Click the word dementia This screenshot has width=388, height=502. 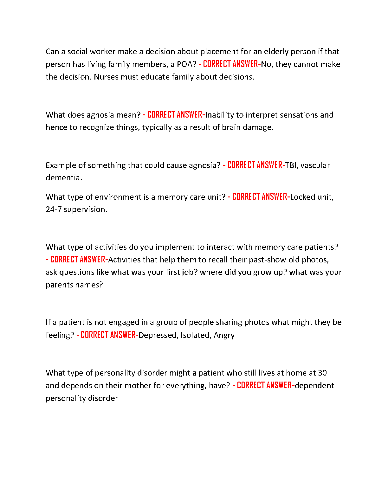click(x=64, y=178)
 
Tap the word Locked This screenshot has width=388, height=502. click(x=302, y=197)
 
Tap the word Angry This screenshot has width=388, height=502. click(x=224, y=335)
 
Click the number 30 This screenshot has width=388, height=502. click(x=322, y=373)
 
